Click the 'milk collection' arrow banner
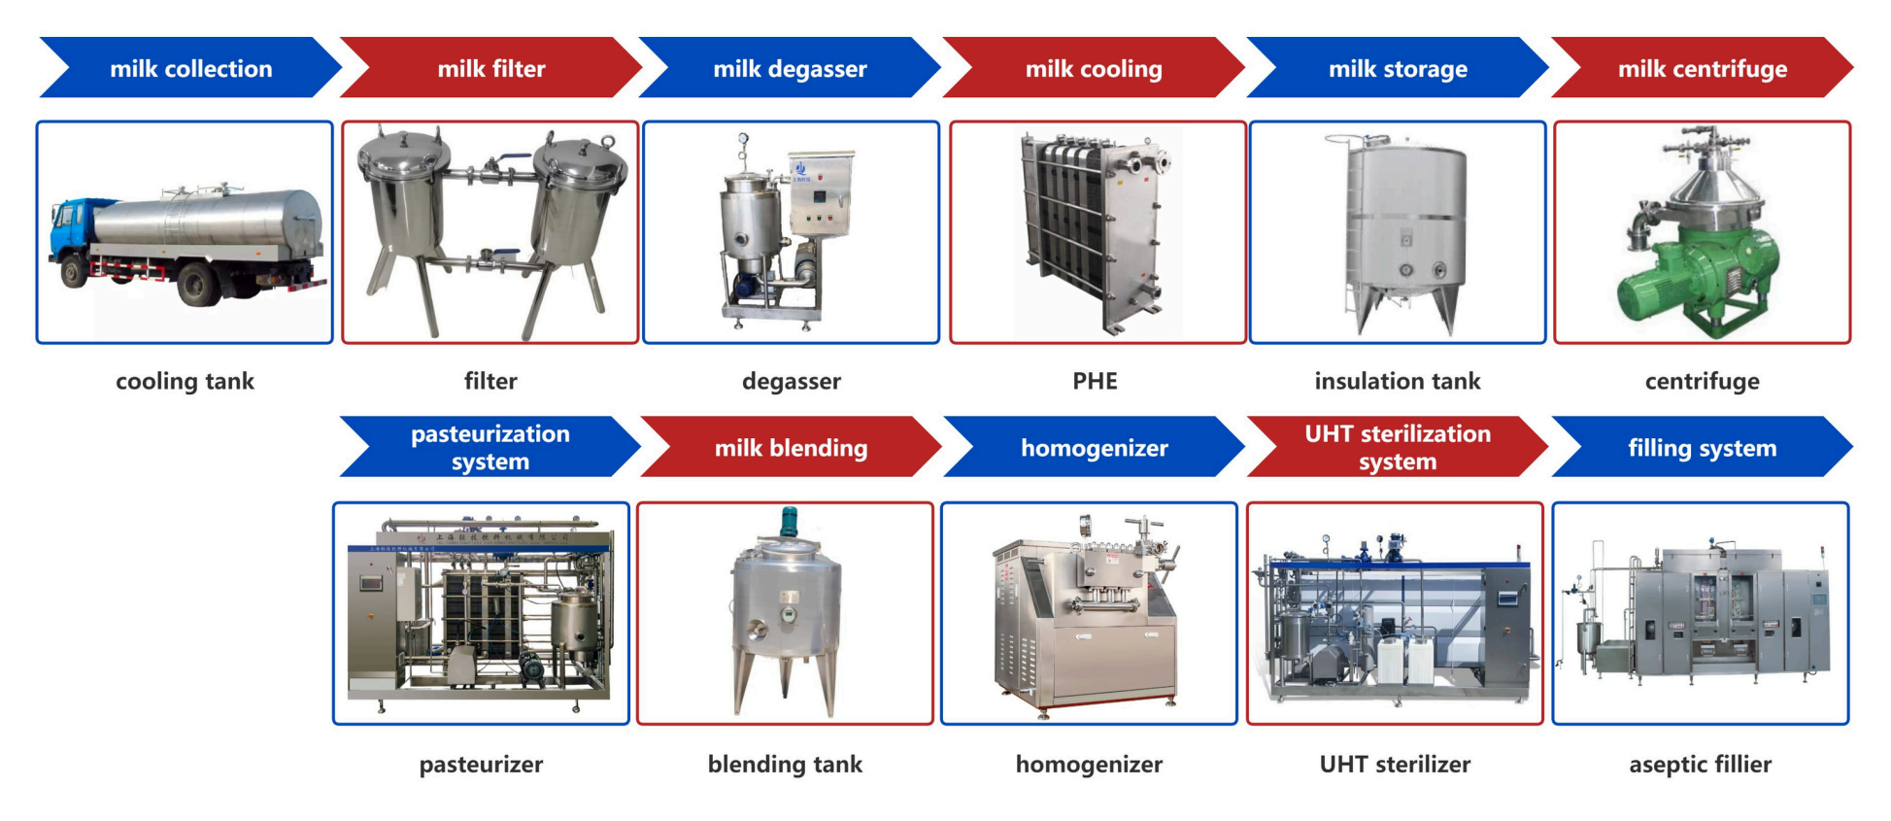[190, 68]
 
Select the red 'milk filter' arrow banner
[490, 68]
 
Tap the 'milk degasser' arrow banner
[790, 68]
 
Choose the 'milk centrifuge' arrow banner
[1702, 68]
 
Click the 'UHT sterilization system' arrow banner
[1397, 447]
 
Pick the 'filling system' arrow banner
[1702, 447]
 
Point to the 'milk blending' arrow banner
[791, 447]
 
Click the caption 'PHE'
[1095, 381]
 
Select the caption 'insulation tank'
[1397, 381]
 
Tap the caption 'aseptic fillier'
[1700, 765]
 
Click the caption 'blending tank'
[785, 765]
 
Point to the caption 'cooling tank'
[185, 381]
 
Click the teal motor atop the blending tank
[789, 522]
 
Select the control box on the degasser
[821, 194]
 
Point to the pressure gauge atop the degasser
[743, 139]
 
